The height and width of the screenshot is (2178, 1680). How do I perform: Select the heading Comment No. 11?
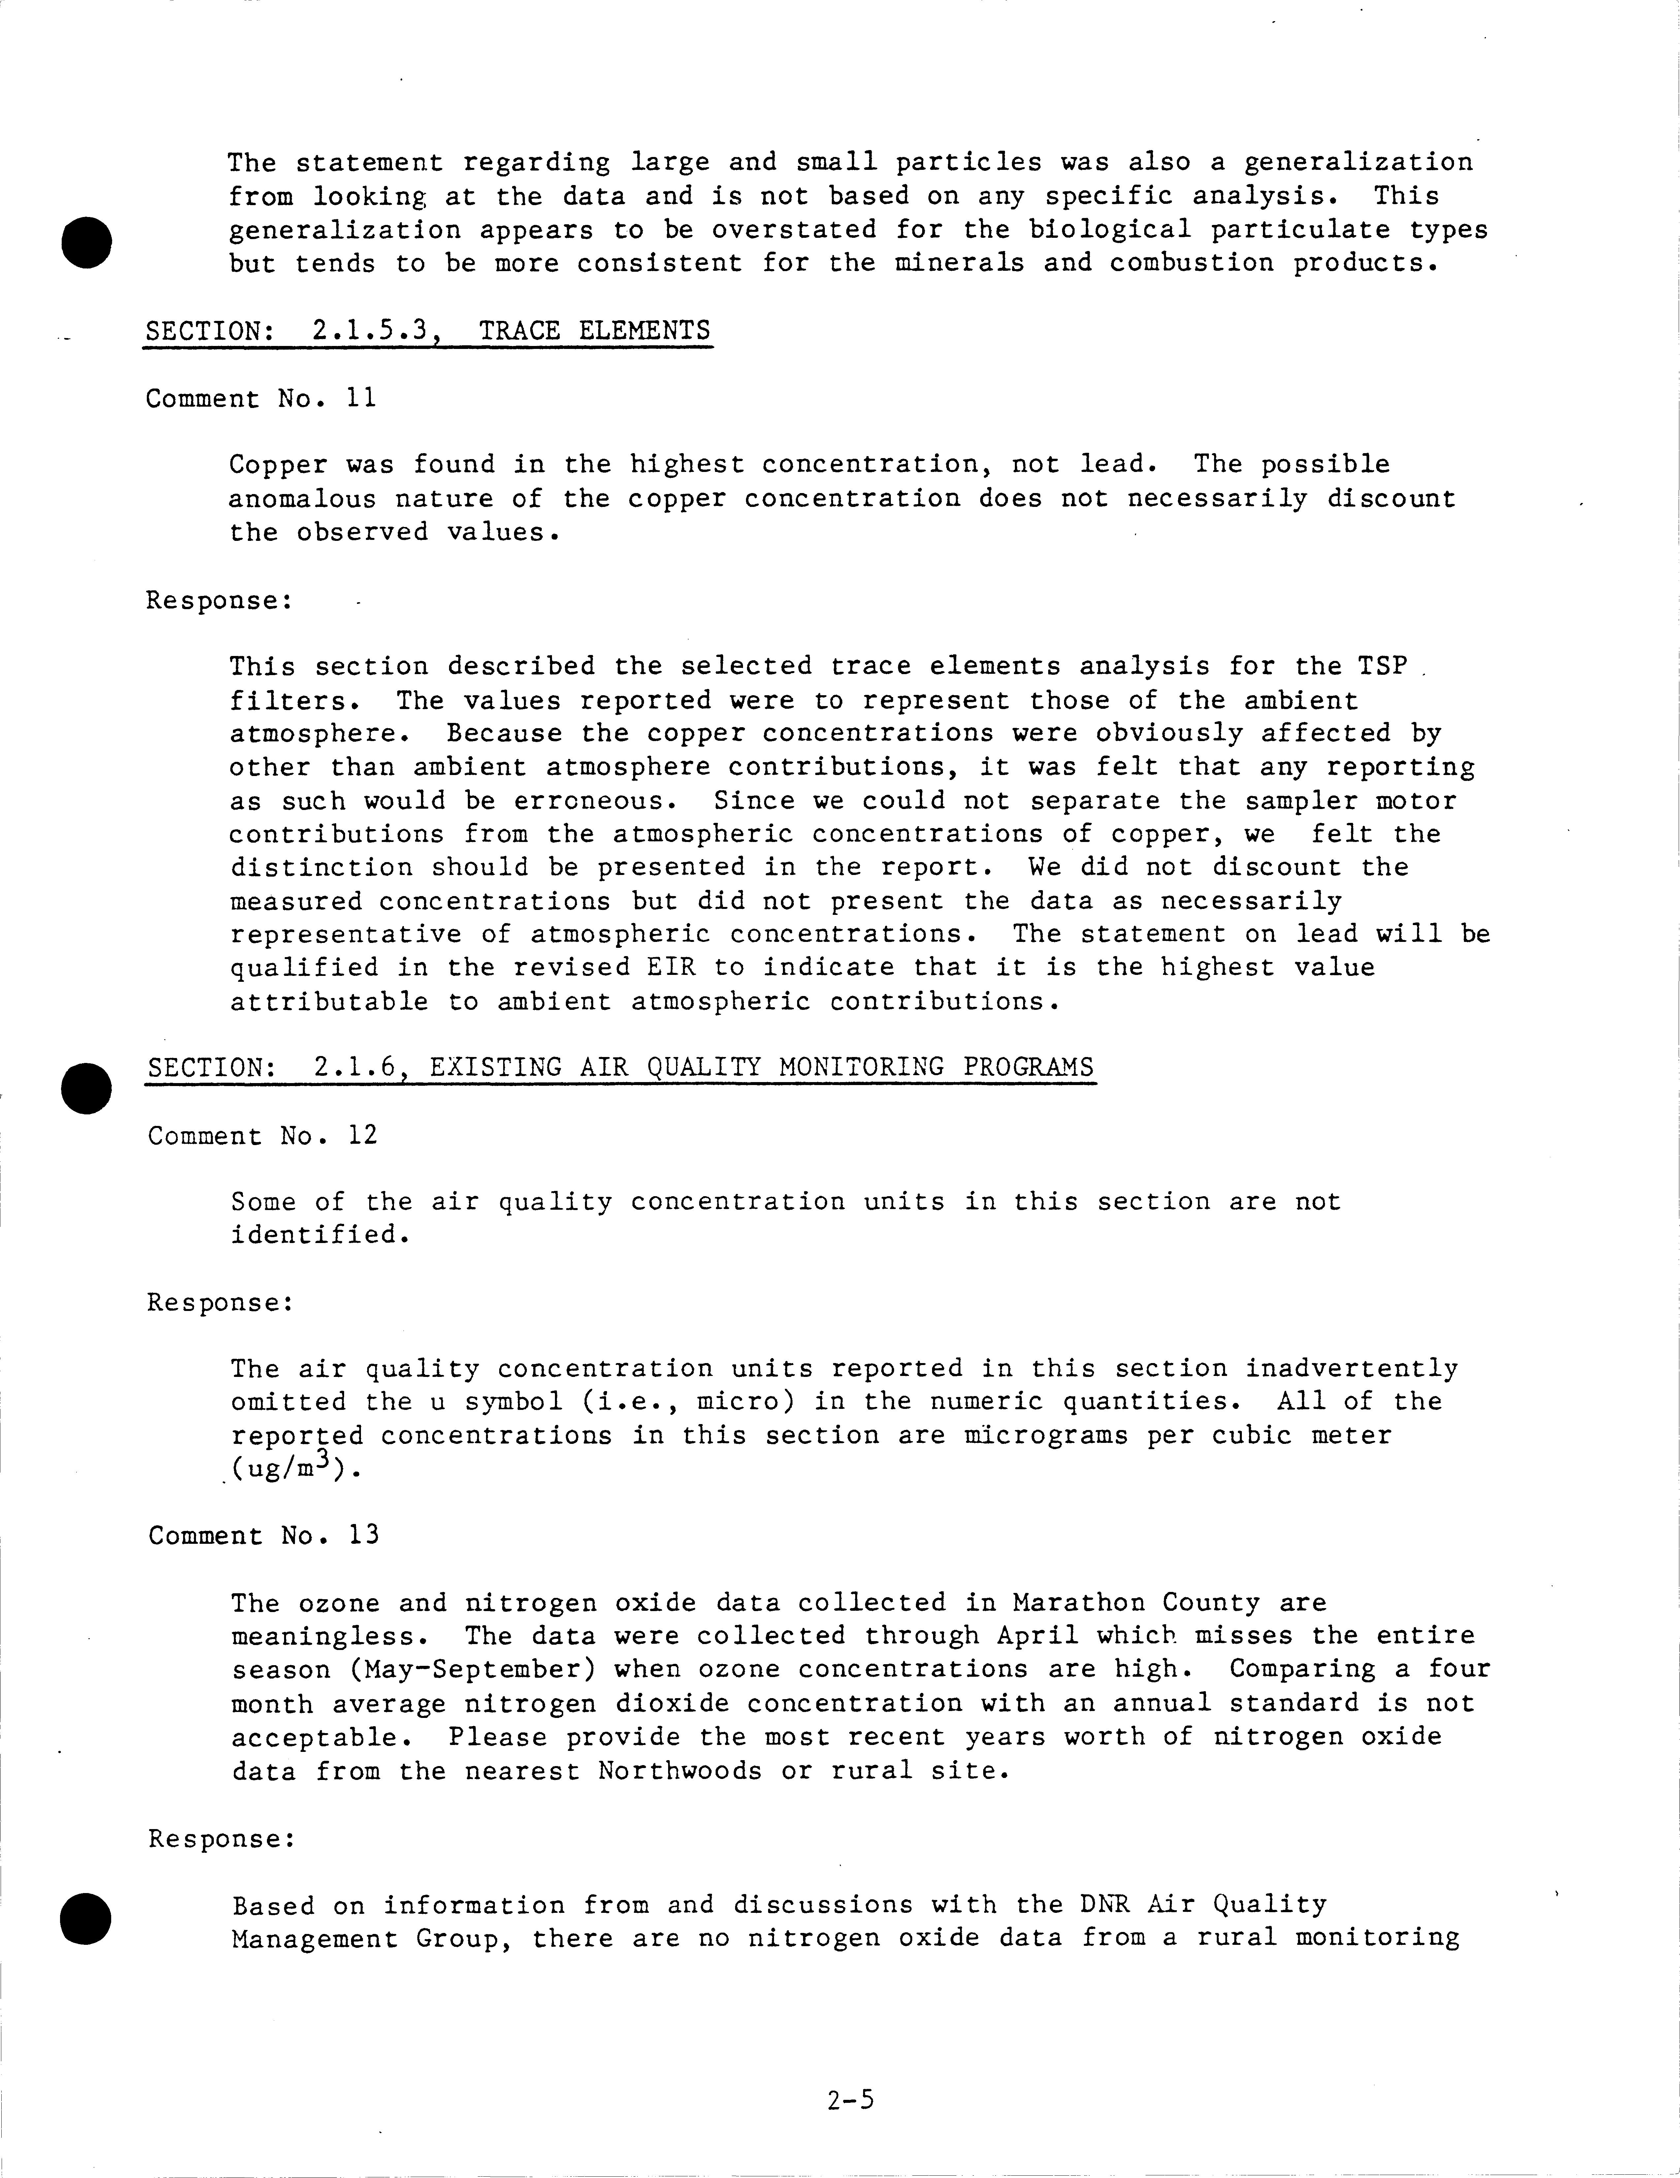261,399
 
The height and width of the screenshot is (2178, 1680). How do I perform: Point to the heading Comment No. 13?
263,1535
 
